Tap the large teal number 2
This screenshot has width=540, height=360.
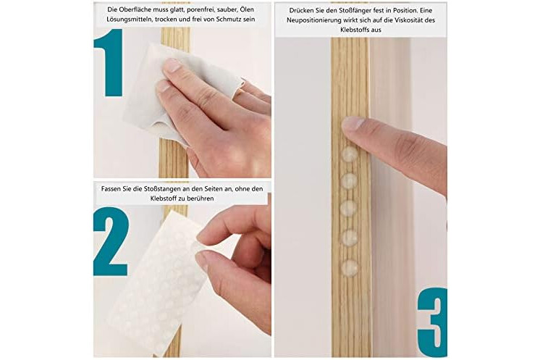[111, 241]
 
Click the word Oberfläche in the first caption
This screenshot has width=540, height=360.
[132, 9]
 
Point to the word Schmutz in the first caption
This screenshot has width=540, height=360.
[228, 20]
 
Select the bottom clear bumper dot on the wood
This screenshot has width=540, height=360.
[349, 267]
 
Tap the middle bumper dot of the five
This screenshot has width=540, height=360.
[349, 207]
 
